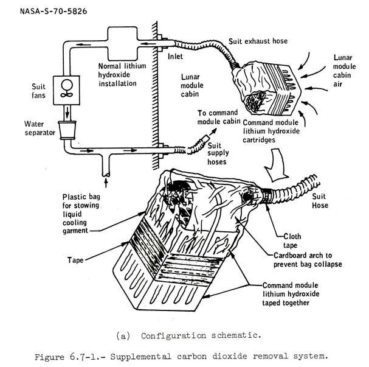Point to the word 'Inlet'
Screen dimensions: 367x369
[175, 56]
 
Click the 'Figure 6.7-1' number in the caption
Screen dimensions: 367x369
[69, 355]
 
